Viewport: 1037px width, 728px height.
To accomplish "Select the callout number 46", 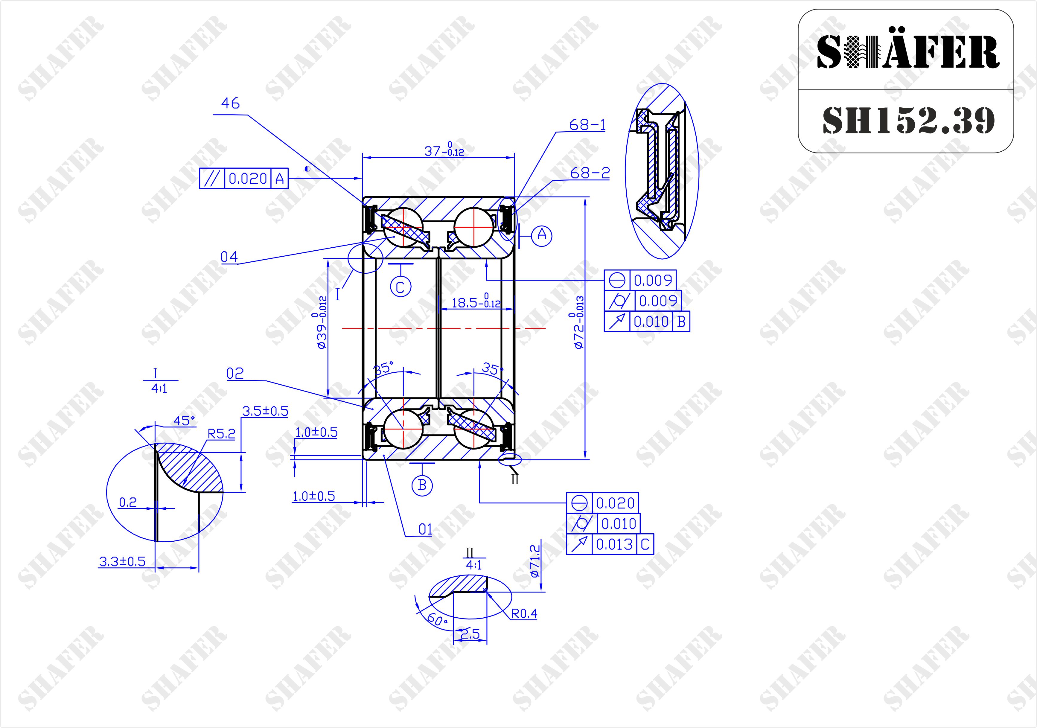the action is click(x=230, y=103).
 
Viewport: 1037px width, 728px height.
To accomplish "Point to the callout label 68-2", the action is click(x=590, y=173).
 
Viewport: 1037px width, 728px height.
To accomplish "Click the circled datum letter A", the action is click(x=542, y=235).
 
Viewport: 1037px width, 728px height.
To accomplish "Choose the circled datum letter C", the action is click(x=401, y=287).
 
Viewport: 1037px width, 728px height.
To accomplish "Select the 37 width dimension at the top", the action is click(x=444, y=150).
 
